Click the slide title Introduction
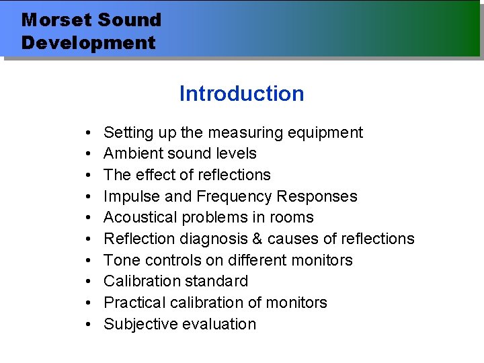coord(241,93)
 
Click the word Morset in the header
coord(54,19)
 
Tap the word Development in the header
coord(88,43)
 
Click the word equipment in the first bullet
coord(326,133)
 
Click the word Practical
coord(133,302)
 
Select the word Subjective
coord(138,324)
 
